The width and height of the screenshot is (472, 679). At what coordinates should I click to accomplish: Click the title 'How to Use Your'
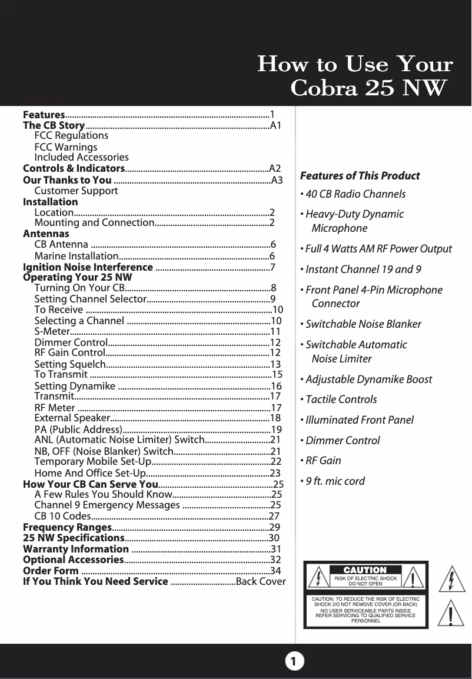pyautogui.click(x=355, y=64)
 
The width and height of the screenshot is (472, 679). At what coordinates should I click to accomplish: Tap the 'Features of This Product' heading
pyautogui.click(x=360, y=176)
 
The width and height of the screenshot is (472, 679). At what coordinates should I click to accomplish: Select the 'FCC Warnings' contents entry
pyautogui.click(x=66, y=147)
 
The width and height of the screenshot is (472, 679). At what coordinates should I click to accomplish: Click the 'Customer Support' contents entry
pyautogui.click(x=76, y=191)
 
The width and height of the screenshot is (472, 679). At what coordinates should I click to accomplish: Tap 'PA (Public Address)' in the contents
pyautogui.click(x=78, y=429)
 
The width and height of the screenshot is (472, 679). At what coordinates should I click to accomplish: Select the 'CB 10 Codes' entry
pyautogui.click(x=62, y=516)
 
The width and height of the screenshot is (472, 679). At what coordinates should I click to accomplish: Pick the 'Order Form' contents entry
pyautogui.click(x=51, y=571)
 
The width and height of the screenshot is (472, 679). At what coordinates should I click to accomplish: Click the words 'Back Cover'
pyautogui.click(x=260, y=582)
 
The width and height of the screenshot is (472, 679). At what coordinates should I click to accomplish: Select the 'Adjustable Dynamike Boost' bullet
pyautogui.click(x=368, y=380)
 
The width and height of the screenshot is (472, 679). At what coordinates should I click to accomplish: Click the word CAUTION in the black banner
pyautogui.click(x=365, y=570)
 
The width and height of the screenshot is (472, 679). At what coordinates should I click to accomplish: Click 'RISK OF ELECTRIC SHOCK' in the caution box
pyautogui.click(x=365, y=579)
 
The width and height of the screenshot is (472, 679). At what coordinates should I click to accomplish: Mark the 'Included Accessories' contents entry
pyautogui.click(x=81, y=157)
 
